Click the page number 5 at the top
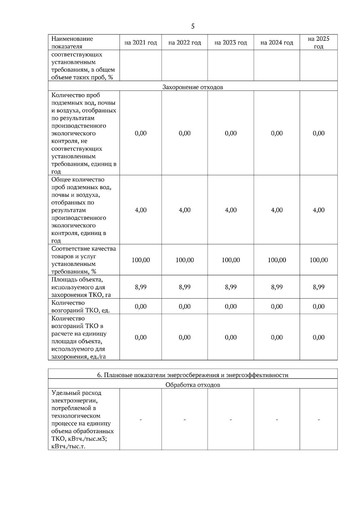193,26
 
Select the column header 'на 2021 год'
141,43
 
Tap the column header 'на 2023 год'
231,43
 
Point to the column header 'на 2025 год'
319,43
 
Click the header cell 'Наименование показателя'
72,43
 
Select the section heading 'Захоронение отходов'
193,87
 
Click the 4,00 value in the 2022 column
184,210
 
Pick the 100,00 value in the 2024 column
277,260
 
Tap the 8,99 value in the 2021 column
141,287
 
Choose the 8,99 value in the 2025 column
319,287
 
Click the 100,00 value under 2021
141,260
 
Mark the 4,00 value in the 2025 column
319,210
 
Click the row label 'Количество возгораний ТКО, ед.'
80,306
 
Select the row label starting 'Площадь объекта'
81,287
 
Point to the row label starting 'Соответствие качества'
83,260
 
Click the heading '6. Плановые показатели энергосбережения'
193,375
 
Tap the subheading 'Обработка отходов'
193,385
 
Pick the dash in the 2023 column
231,420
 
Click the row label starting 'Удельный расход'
82,419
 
